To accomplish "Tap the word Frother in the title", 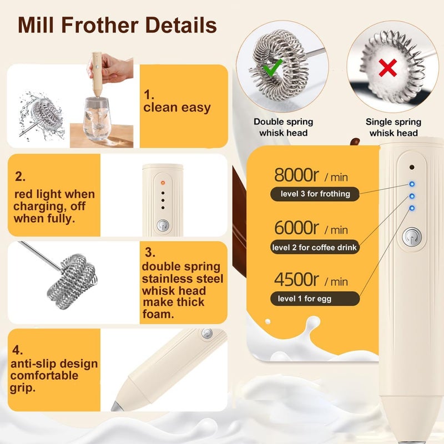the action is click(x=100, y=25).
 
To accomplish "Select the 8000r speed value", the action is click(x=296, y=175).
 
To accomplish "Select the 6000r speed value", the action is click(x=296, y=228).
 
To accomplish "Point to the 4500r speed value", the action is click(x=296, y=279).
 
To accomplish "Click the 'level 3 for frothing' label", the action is click(x=315, y=194).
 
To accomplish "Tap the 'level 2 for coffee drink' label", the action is click(x=315, y=247).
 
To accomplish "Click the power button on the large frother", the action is click(x=412, y=237).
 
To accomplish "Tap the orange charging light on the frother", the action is click(x=163, y=183).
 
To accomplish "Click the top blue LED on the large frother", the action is click(x=412, y=184).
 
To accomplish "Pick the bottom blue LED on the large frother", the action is click(x=412, y=208).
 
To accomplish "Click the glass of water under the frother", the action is click(x=97, y=118).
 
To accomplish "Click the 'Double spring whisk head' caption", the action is click(x=284, y=127).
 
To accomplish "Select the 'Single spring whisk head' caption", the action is click(x=393, y=127).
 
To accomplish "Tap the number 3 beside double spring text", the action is click(x=149, y=252).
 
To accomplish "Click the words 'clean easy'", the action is click(x=177, y=108).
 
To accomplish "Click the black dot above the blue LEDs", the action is click(x=412, y=168).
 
